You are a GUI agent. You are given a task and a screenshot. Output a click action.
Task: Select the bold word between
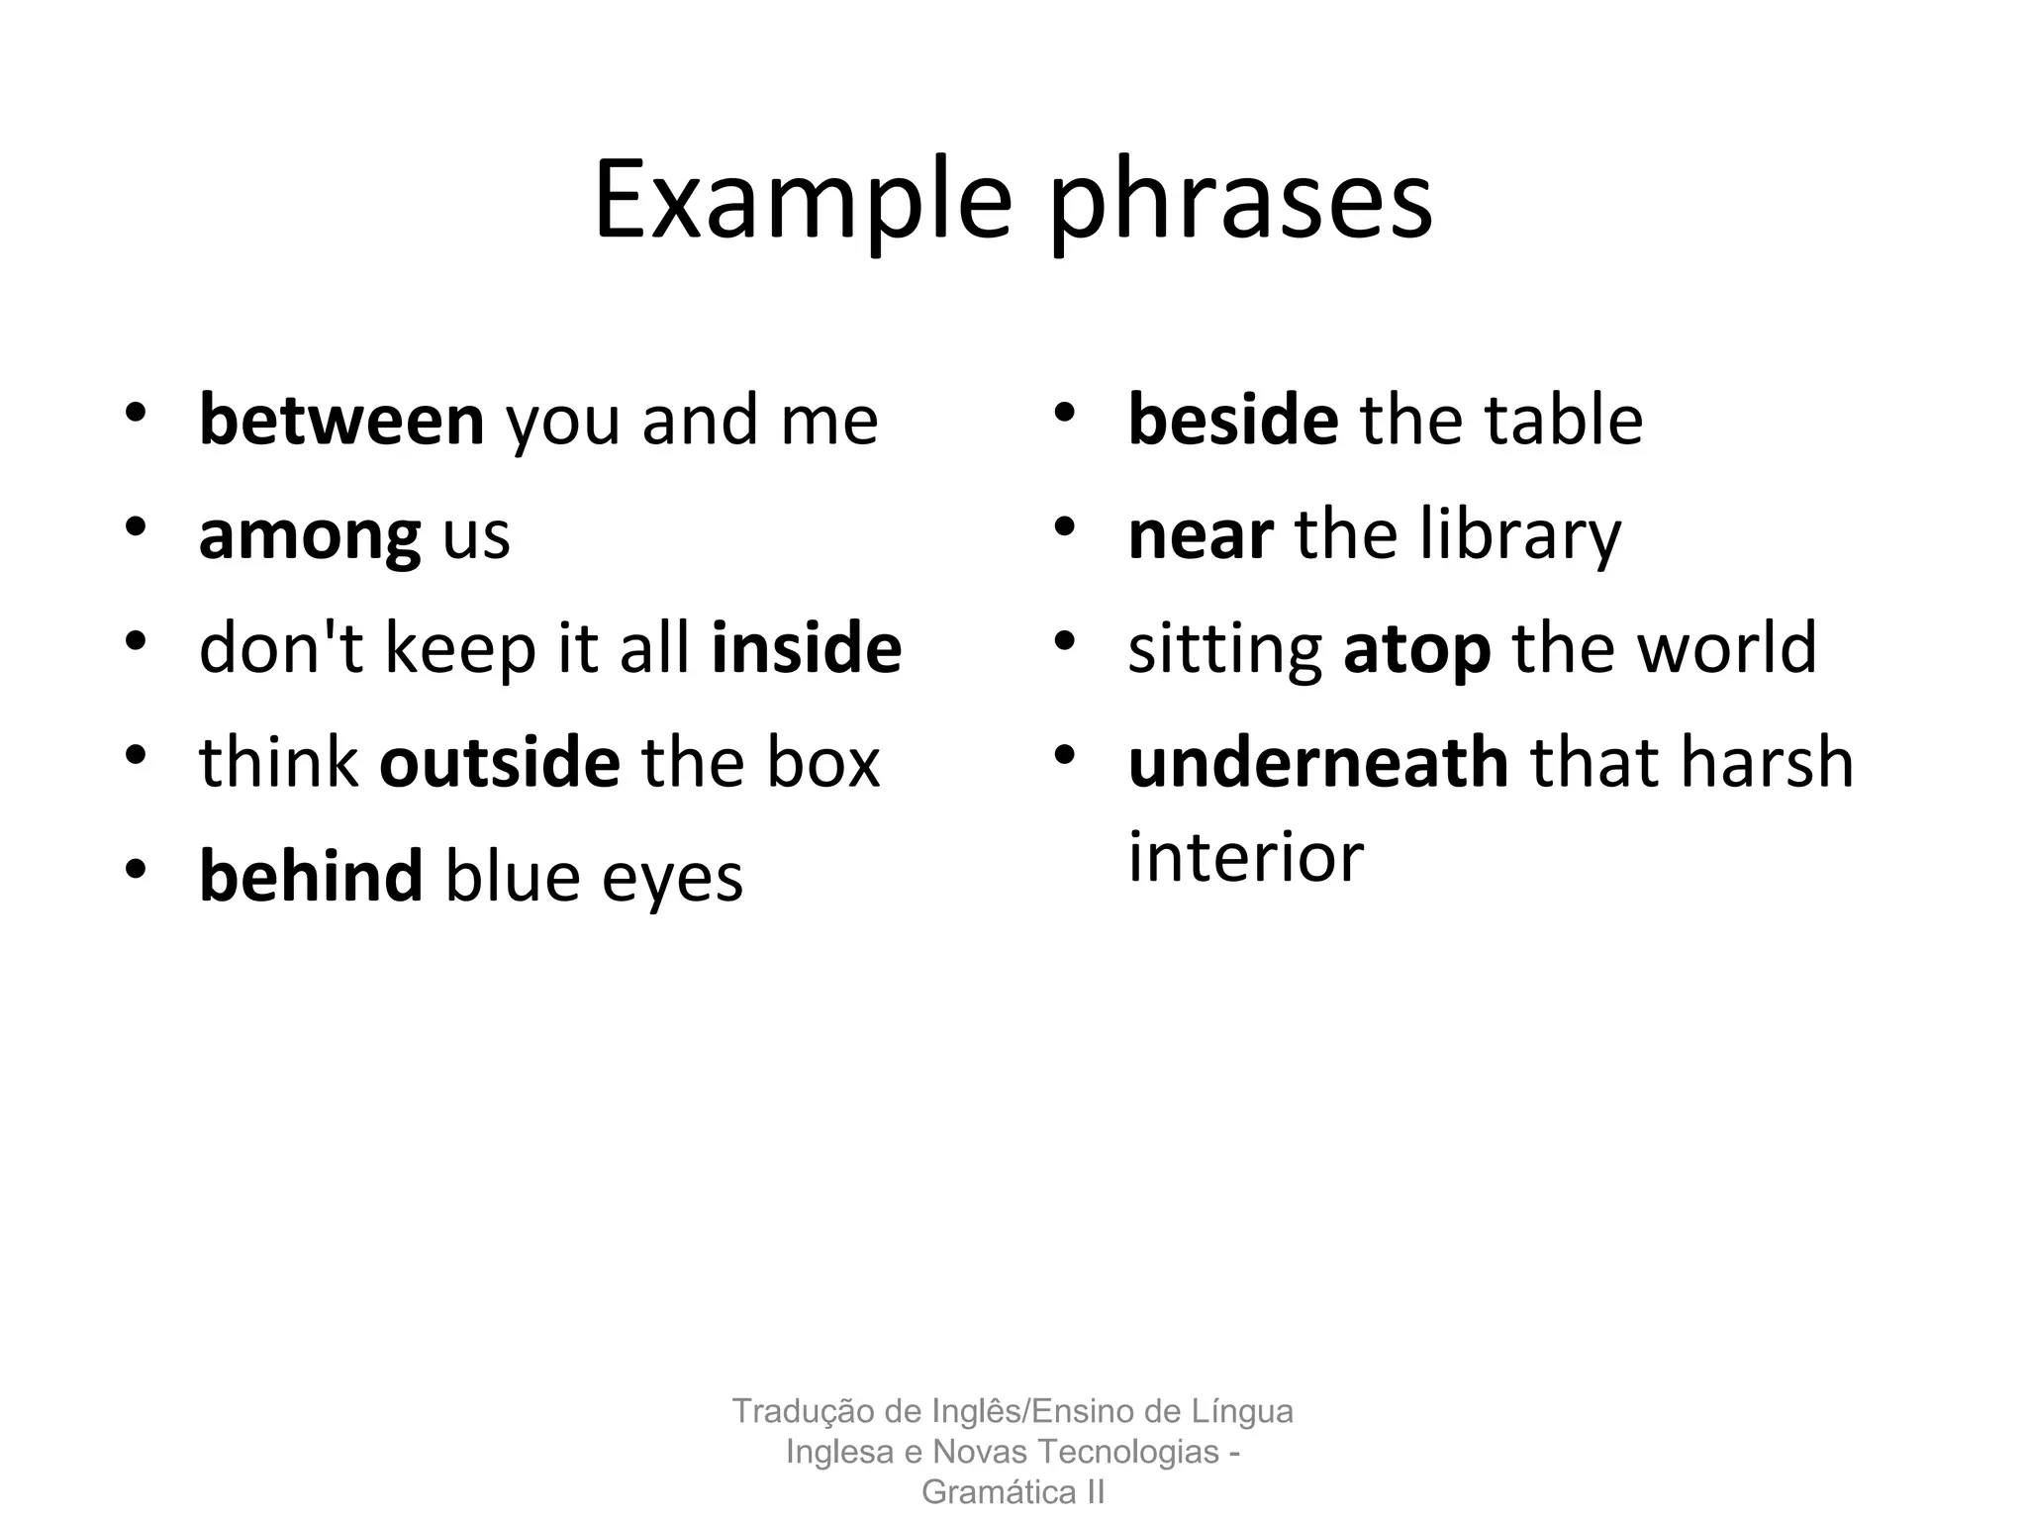click(341, 420)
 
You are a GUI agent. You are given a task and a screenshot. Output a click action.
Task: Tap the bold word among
click(310, 535)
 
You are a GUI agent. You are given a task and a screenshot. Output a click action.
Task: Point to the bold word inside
click(807, 648)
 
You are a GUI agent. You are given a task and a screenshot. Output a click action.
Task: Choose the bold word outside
click(500, 762)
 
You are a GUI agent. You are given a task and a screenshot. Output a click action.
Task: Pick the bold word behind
click(311, 876)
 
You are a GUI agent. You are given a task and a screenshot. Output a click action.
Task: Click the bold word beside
click(1233, 420)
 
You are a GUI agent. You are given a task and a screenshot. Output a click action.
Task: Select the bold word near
click(1201, 534)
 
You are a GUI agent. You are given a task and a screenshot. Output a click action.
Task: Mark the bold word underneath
click(1318, 762)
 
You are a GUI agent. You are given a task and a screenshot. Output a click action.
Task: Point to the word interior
click(1246, 856)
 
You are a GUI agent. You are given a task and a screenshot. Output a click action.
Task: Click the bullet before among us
click(137, 527)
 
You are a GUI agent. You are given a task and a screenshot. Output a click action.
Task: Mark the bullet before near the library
click(1065, 527)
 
